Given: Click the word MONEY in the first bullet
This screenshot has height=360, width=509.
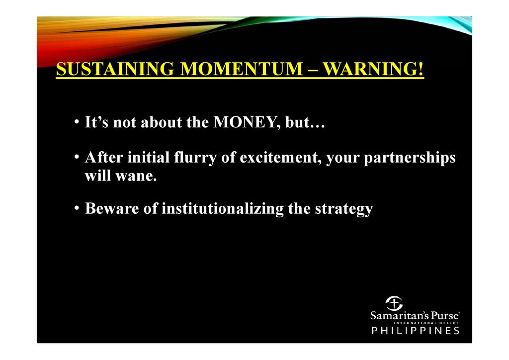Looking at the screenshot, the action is [x=247, y=123].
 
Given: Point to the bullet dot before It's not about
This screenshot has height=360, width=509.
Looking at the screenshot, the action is [x=77, y=122].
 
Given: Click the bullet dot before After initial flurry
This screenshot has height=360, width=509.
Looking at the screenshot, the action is [x=77, y=158].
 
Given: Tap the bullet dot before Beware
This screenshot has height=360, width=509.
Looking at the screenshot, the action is [x=77, y=208].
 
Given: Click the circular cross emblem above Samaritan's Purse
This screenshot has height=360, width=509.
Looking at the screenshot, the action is [x=394, y=303].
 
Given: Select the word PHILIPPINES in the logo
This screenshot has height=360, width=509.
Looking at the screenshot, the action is [x=416, y=331].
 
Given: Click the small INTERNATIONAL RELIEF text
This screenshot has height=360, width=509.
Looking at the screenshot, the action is [x=426, y=323].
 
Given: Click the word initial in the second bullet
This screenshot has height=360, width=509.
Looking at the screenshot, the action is [x=149, y=158].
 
